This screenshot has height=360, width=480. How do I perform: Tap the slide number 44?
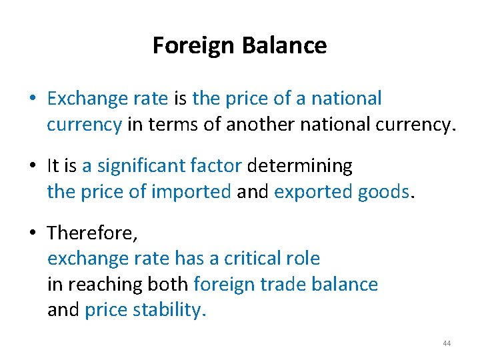click(x=447, y=343)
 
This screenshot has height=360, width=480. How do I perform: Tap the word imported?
click(x=191, y=192)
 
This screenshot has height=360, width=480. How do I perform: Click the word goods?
click(x=385, y=192)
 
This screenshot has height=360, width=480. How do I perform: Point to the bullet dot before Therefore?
click(x=32, y=233)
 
